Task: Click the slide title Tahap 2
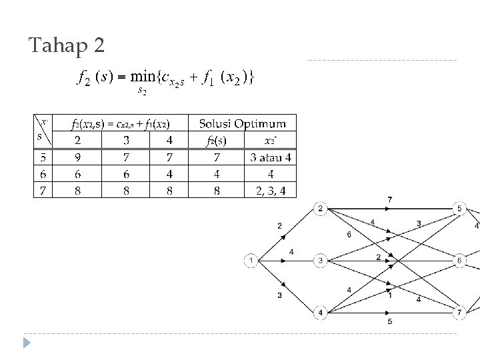tap(67, 47)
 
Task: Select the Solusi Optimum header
tap(243, 123)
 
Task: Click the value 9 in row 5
tap(78, 158)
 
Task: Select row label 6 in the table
tap(43, 174)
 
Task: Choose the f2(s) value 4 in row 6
tap(217, 174)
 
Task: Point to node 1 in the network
tap(251, 261)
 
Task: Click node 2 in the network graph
tap(321, 209)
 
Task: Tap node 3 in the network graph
tap(321, 261)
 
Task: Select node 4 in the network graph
tap(321, 312)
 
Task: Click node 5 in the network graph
tap(459, 209)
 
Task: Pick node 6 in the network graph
tap(459, 261)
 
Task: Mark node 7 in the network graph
tap(459, 312)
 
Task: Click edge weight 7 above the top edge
tap(390, 200)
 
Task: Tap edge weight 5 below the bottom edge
tap(390, 322)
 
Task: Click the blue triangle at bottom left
tap(27, 344)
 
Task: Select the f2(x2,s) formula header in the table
tap(121, 124)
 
